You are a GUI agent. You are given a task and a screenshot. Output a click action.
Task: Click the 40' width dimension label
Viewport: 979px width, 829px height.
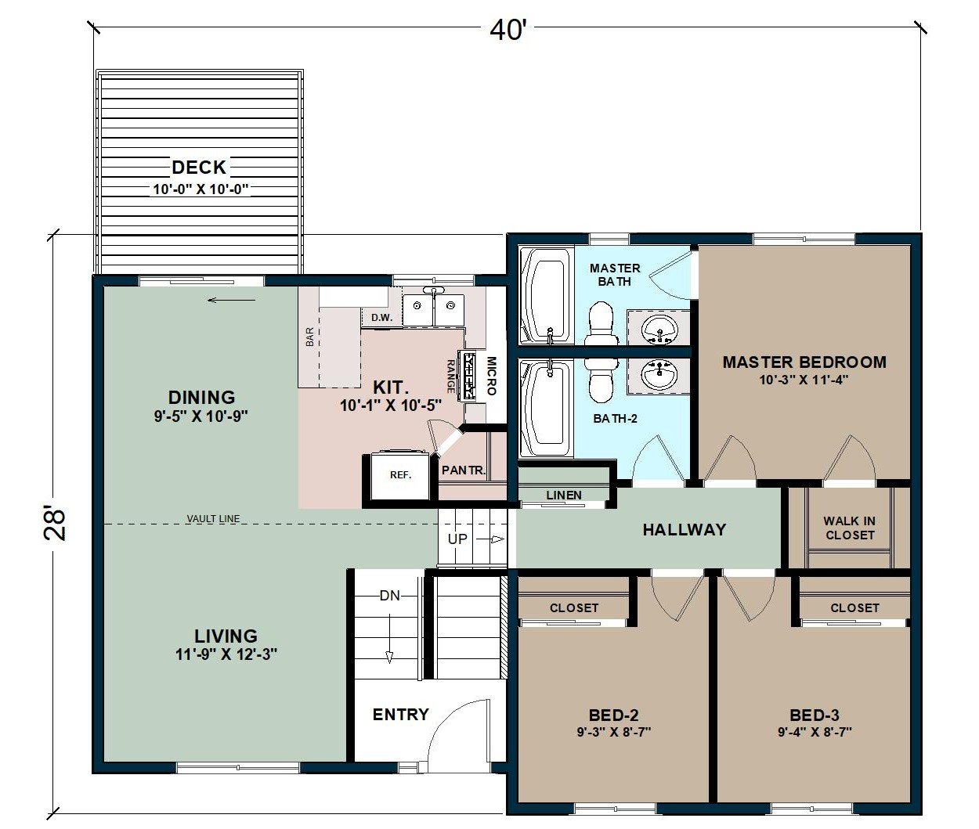pos(508,31)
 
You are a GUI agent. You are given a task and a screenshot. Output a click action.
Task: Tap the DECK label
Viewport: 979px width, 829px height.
pos(199,167)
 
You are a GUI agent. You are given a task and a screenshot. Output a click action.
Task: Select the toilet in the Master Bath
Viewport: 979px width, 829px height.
pos(601,326)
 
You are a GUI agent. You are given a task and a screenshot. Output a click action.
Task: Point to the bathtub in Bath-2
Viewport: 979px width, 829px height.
pos(547,408)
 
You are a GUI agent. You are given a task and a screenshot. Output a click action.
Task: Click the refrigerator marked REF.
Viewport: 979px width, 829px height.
pos(400,475)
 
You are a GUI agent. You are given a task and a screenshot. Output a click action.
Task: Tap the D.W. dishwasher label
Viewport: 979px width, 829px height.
pos(381,318)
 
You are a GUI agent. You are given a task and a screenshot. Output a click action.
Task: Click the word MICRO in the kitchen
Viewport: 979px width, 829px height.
pos(492,376)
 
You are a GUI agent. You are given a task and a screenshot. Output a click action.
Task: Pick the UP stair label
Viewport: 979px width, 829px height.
pos(457,539)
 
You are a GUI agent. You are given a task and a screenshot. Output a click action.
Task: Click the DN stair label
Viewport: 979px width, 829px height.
pos(390,596)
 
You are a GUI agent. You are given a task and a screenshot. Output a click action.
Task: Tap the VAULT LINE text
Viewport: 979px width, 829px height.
pos(213,519)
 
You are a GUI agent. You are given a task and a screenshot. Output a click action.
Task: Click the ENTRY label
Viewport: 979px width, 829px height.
pos(401,715)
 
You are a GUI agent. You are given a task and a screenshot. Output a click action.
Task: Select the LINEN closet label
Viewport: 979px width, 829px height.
pos(564,496)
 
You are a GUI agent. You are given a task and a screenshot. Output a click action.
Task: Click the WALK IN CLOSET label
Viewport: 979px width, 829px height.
pos(849,528)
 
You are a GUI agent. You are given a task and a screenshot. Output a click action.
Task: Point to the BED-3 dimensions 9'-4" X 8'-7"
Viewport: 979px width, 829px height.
pos(815,733)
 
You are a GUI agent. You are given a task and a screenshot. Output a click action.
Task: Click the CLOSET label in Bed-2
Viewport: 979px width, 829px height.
pos(574,608)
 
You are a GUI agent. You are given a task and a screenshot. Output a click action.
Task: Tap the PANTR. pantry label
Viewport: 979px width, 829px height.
pos(464,470)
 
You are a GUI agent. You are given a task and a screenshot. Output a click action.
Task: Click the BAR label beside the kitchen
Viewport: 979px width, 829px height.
pos(310,337)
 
